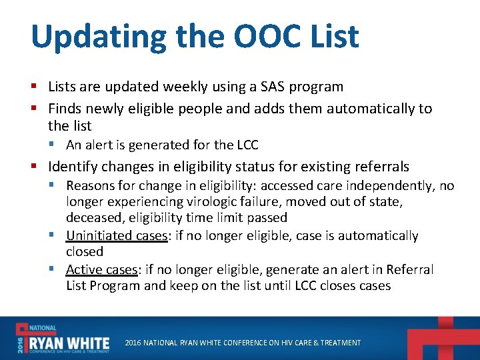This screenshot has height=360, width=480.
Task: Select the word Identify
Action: (73, 167)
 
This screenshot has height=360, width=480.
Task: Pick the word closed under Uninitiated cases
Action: (85, 252)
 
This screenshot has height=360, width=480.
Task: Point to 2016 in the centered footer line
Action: (134, 343)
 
